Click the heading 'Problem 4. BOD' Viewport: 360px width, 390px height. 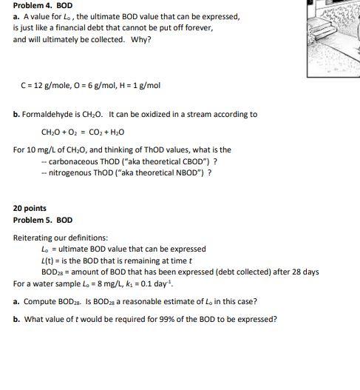(43, 5)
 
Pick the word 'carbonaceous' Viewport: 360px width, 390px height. (72, 161)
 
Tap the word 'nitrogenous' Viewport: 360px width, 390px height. (69, 172)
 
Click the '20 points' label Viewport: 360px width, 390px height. (30, 209)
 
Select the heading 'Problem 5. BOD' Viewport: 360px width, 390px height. (43, 220)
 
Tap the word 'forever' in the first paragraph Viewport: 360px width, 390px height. (197, 27)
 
